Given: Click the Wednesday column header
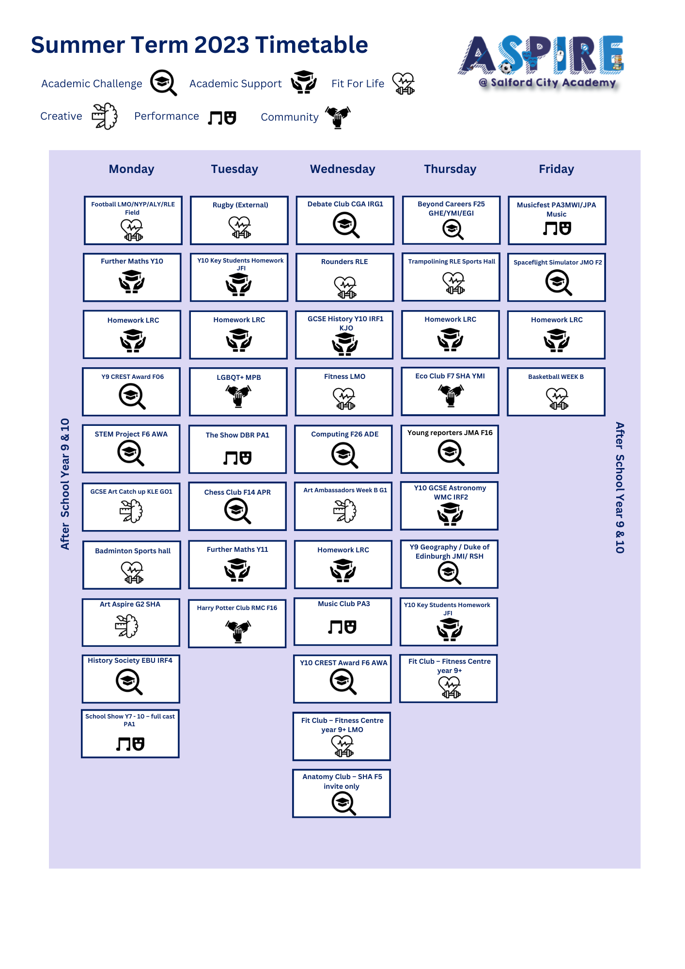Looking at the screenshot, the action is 342,169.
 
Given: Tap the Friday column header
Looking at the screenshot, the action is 556,169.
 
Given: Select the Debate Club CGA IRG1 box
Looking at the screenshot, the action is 345,220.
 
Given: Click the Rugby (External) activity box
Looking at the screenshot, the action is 239,220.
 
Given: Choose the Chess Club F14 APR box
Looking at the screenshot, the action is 237,506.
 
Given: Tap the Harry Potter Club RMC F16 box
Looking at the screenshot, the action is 237,624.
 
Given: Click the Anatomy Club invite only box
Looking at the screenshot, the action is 342,794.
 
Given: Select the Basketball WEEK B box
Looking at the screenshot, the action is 556,392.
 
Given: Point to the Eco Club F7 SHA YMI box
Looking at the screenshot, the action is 450,391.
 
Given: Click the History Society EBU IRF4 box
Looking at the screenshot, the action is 131,679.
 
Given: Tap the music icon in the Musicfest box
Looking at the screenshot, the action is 557,229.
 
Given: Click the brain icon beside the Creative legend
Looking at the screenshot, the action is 105,116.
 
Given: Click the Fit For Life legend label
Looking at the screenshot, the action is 358,84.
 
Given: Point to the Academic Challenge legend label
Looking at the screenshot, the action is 92,84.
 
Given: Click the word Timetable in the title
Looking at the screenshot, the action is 311,45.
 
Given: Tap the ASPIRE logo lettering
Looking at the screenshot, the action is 541,55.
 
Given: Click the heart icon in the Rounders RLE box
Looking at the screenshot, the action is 345,287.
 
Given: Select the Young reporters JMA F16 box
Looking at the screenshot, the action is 450,449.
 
